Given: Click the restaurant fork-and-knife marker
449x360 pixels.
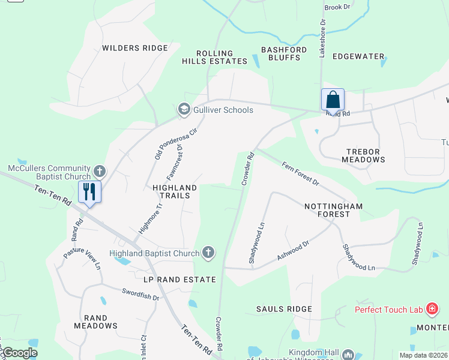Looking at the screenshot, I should point(89,192).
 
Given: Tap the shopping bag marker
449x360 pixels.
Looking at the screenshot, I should point(333,100).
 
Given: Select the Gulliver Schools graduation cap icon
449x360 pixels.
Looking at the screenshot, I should point(184,109).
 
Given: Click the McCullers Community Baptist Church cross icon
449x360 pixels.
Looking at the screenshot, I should point(100,172).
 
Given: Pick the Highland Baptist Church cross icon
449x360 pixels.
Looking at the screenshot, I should point(208,253).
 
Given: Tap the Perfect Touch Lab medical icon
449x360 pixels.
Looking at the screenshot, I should point(431,310).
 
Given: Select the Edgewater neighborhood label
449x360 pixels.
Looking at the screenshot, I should point(358,56).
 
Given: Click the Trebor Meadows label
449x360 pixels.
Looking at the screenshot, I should point(363,156).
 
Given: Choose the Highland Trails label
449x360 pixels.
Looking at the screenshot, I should point(175,191).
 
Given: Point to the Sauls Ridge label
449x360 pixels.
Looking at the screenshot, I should point(284,309).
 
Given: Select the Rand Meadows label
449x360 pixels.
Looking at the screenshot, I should point(95,322).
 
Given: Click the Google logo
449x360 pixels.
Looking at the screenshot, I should point(20,353).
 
